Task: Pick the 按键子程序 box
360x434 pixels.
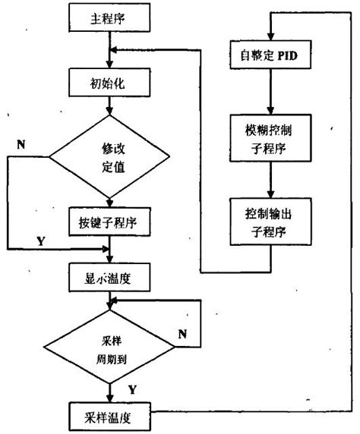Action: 111,223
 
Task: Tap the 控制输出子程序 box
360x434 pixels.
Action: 270,222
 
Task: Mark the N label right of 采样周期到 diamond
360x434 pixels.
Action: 182,332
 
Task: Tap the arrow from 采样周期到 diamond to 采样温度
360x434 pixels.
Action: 111,393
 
